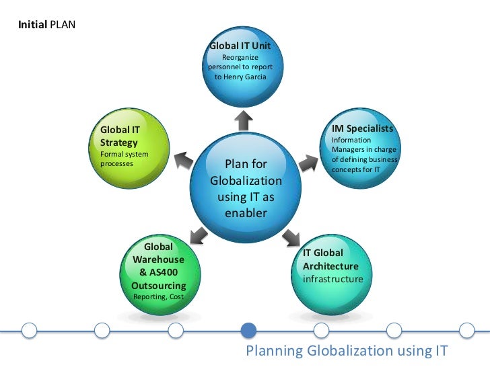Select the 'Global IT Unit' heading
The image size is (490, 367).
240,46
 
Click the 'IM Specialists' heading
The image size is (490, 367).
362,128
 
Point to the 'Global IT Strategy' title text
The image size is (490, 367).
119,136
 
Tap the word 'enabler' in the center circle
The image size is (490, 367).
246,213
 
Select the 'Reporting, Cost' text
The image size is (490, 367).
159,296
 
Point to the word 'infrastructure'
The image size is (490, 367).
332,279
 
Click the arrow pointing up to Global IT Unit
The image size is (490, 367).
244,120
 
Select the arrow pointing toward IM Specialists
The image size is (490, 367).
308,162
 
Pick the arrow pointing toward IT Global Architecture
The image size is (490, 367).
292,236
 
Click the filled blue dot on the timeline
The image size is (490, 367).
249,330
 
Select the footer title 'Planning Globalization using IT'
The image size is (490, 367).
346,351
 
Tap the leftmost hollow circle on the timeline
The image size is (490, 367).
29,330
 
